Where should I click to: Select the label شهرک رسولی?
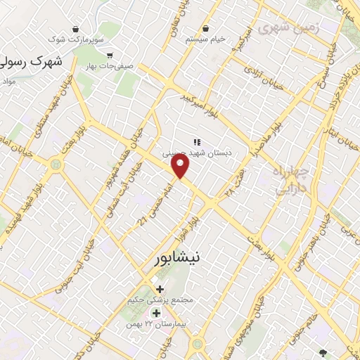point(31,62)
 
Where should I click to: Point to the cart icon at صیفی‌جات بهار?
point(109,54)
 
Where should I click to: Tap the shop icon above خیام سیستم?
point(205,29)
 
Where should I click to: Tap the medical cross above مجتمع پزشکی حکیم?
point(160,289)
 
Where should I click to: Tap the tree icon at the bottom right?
point(323,354)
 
